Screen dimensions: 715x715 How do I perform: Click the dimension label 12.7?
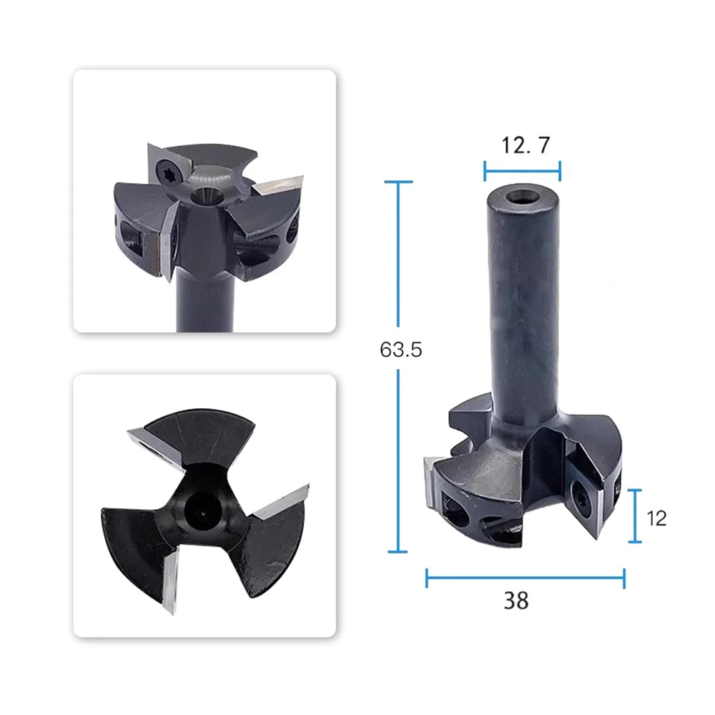tap(526, 145)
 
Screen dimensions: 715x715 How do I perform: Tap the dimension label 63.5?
tap(401, 350)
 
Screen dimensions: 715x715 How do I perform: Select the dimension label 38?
tap(516, 601)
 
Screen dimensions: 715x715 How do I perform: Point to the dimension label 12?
tap(656, 518)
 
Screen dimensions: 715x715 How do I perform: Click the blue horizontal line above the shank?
tap(522, 172)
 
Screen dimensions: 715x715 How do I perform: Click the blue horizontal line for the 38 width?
tap(526, 578)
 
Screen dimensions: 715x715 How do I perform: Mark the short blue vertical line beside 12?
tap(635, 516)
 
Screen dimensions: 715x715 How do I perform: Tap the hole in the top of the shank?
tap(523, 199)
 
